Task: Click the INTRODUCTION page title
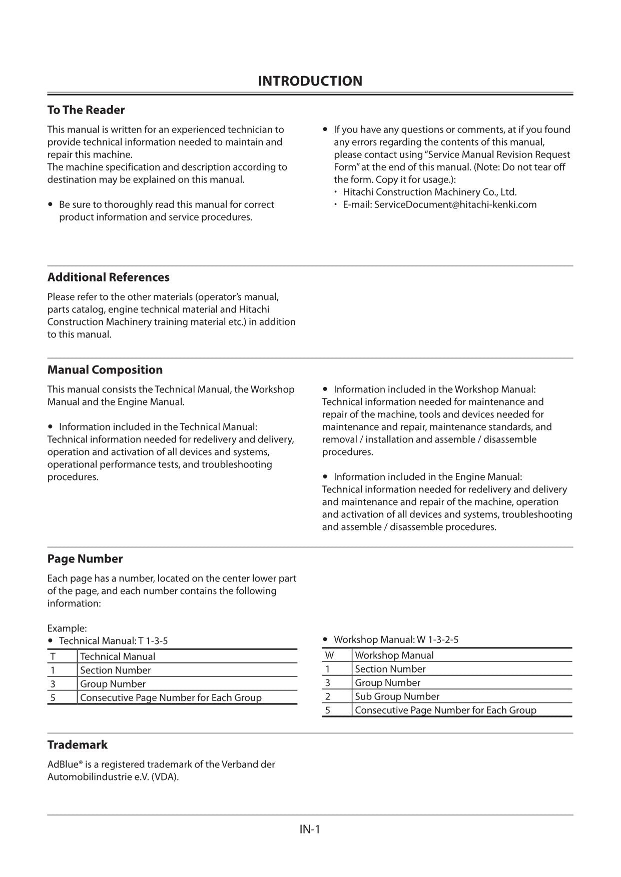pyautogui.click(x=310, y=81)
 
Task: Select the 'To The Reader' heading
pyautogui.click(x=86, y=110)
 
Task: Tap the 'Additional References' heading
pyautogui.click(x=108, y=277)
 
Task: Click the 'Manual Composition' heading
pyautogui.click(x=105, y=370)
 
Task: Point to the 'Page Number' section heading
pyautogui.click(x=85, y=559)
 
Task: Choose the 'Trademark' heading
pyautogui.click(x=78, y=745)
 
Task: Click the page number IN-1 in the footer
pyautogui.click(x=310, y=829)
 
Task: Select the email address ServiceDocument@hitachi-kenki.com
pyautogui.click(x=455, y=204)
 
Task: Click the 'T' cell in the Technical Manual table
pyautogui.click(x=53, y=656)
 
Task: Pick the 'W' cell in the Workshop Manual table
pyautogui.click(x=329, y=655)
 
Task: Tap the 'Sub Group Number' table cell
pyautogui.click(x=397, y=696)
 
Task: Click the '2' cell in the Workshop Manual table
pyautogui.click(x=328, y=696)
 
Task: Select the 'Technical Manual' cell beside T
pyautogui.click(x=118, y=656)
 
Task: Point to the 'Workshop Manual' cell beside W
pyautogui.click(x=394, y=655)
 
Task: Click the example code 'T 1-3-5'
pyautogui.click(x=153, y=641)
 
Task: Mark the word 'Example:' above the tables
pyautogui.click(x=67, y=628)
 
